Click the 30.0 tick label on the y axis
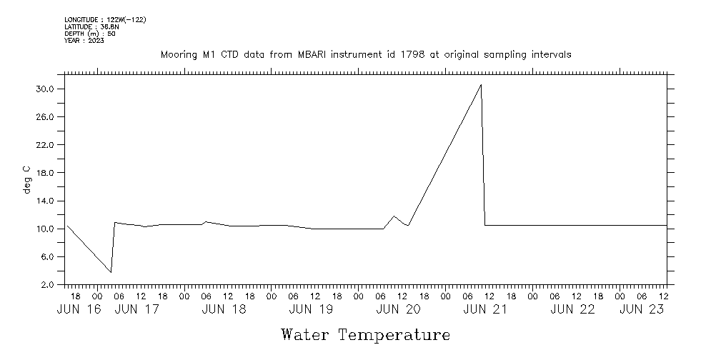tap(45, 89)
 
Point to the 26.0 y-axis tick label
tap(45, 117)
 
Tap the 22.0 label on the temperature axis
tap(45, 145)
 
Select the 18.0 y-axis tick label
tap(45, 173)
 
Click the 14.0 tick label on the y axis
tap(45, 201)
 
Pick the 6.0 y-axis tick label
tap(47, 257)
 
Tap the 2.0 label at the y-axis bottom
tap(47, 285)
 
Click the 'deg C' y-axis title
tap(26, 179)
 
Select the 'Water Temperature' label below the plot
tap(365, 334)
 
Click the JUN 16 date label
tap(78, 309)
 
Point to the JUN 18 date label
tap(224, 309)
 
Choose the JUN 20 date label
tap(398, 309)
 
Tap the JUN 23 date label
tap(642, 309)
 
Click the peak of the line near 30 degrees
tap(481, 85)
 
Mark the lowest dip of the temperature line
tap(111, 272)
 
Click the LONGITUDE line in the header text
tap(105, 19)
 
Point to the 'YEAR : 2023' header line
tap(84, 41)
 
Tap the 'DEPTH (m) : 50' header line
tap(90, 34)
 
